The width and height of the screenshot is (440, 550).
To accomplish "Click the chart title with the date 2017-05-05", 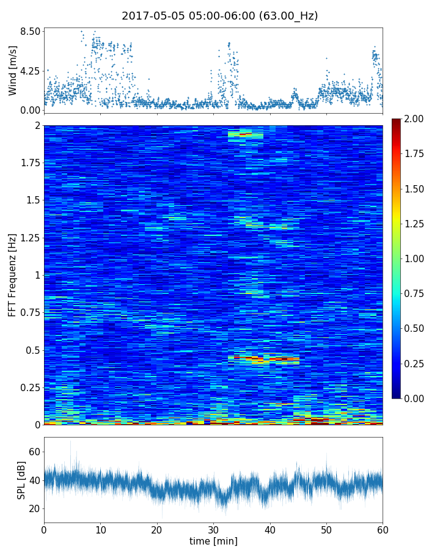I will tap(219, 16).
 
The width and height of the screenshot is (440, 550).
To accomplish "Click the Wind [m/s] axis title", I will tap(13, 70).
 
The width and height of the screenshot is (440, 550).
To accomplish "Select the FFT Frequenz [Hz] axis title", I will tap(13, 274).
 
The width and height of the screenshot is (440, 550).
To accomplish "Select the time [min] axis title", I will tap(213, 541).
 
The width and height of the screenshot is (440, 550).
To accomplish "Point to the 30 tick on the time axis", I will tap(213, 529).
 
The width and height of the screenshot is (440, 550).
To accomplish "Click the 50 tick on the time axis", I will tap(326, 529).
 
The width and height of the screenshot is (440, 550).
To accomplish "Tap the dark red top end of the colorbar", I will tap(397, 121).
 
